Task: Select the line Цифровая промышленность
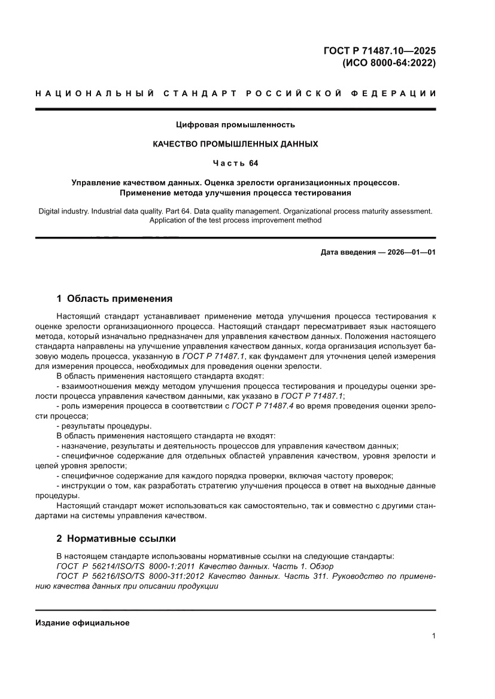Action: [235, 125]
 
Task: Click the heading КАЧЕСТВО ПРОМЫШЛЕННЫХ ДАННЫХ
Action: [235, 144]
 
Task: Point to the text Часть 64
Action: [235, 163]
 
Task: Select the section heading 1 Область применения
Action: [114, 298]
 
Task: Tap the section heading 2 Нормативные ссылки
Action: [116, 539]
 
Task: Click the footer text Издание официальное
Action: [83, 622]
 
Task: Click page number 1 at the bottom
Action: [433, 636]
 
